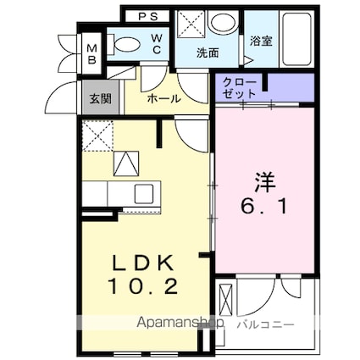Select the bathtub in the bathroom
pyautogui.click(x=293, y=36)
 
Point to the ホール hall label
pyautogui.click(x=163, y=99)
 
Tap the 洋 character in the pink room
pyautogui.click(x=264, y=181)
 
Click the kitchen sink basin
pyautogui.click(x=141, y=192)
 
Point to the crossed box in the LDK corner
pyautogui.click(x=99, y=133)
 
